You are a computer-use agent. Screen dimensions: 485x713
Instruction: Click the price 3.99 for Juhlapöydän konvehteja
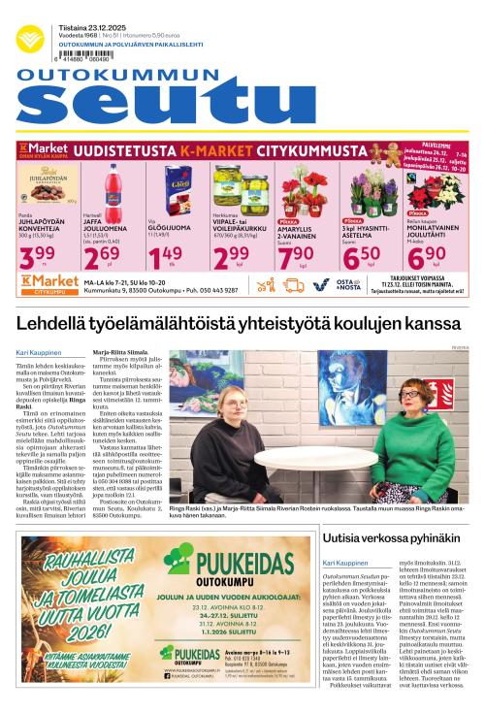click(x=38, y=255)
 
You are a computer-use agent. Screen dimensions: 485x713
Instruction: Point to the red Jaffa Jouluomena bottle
click(x=114, y=188)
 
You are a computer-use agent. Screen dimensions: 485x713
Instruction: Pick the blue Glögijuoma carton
click(x=177, y=188)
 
